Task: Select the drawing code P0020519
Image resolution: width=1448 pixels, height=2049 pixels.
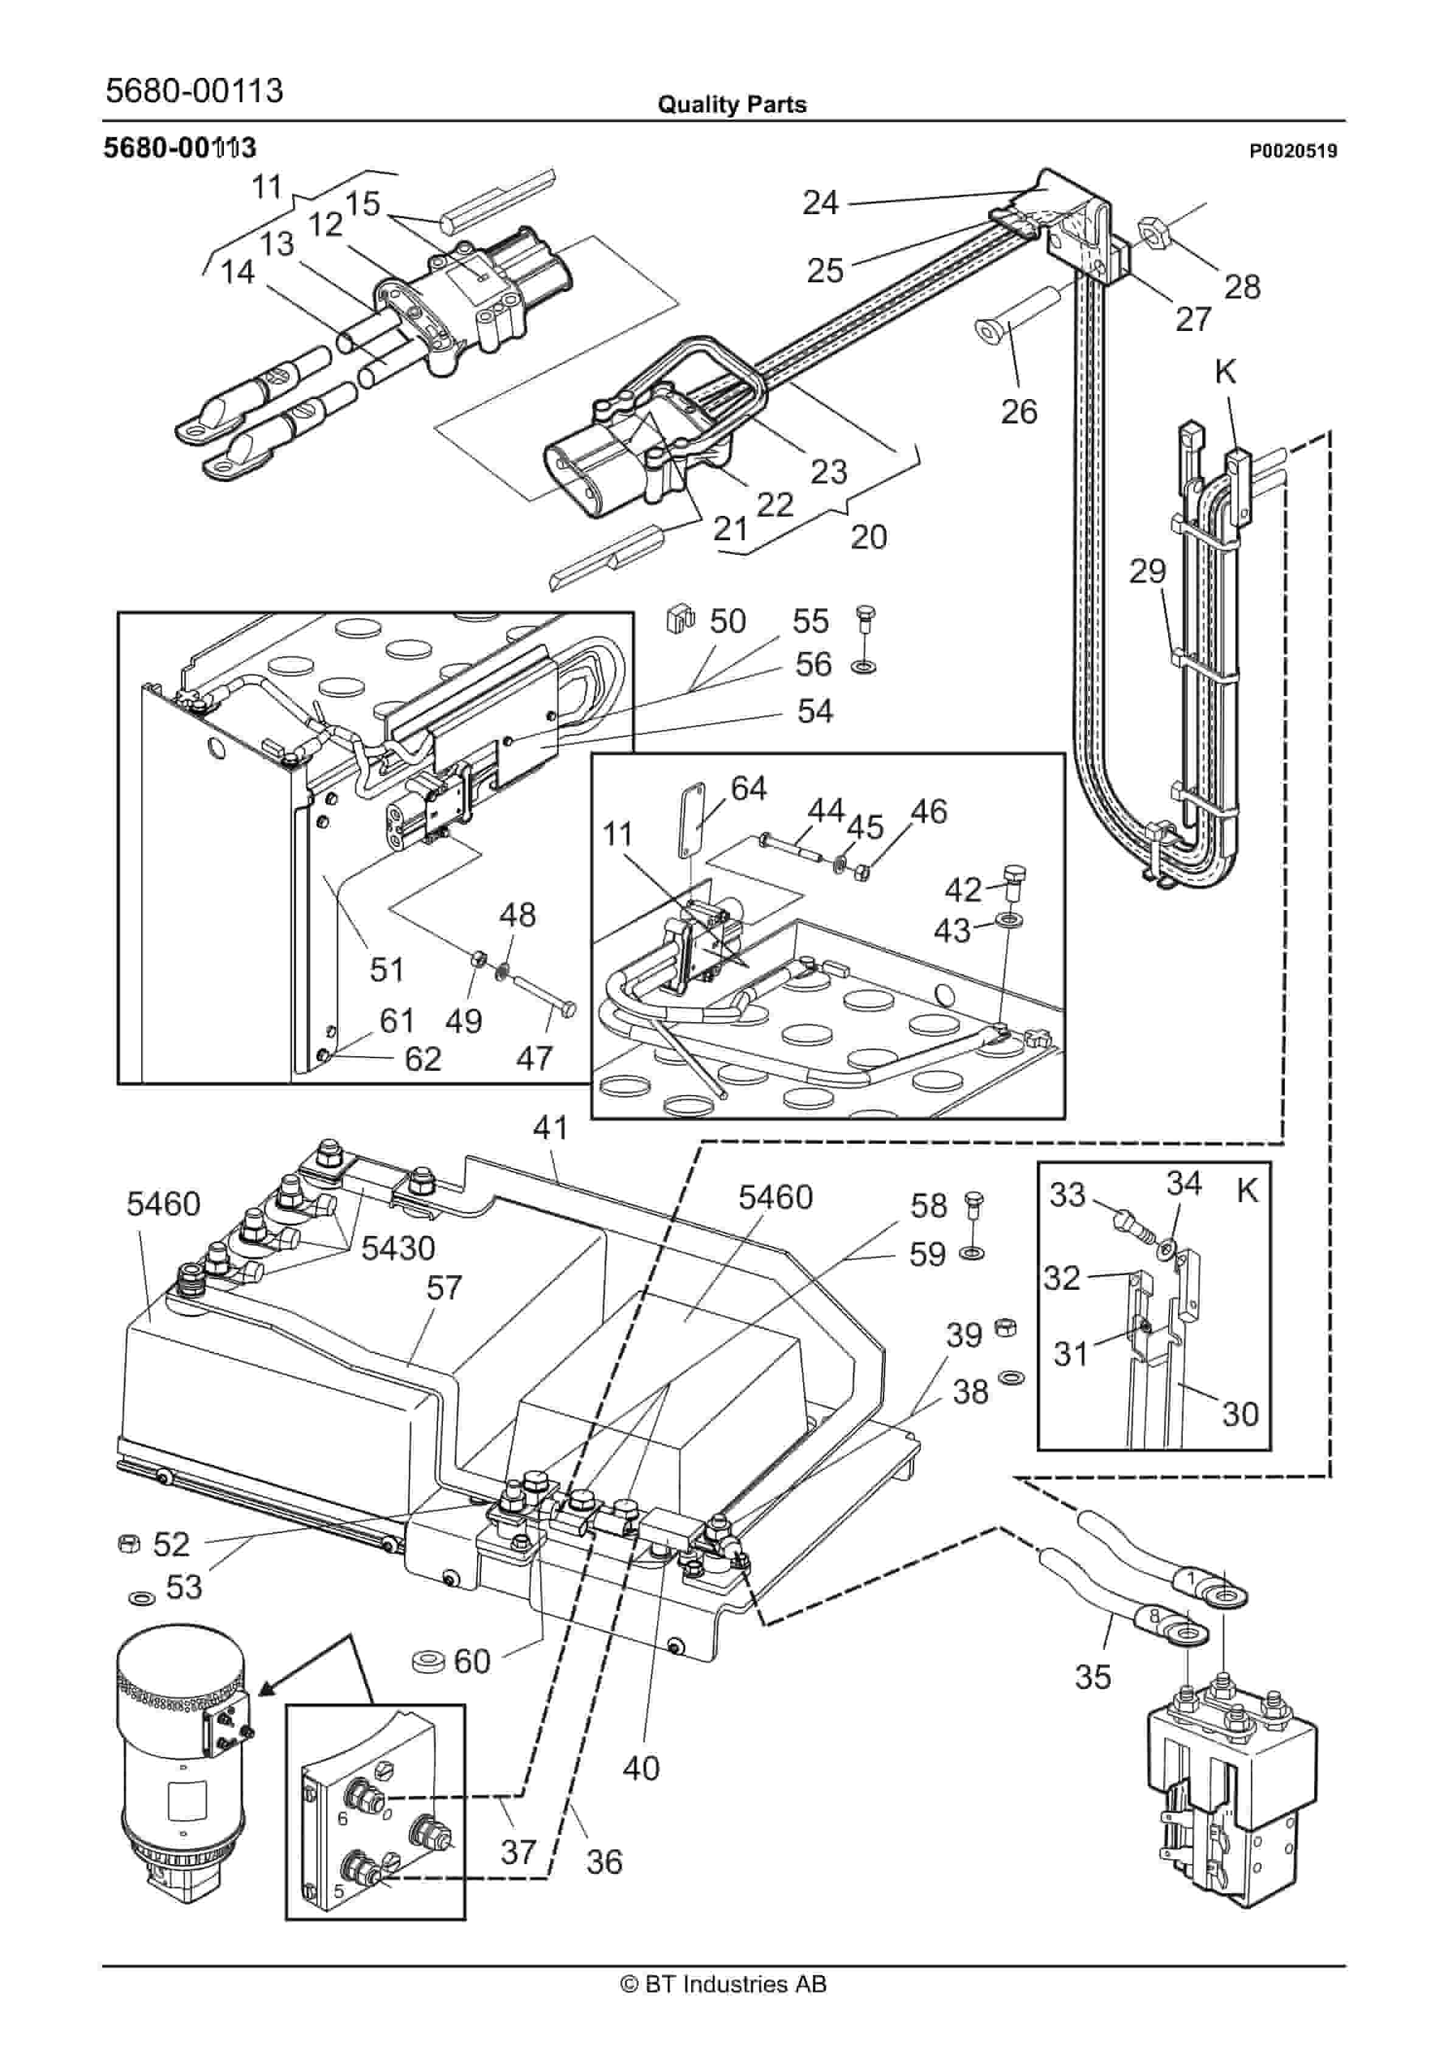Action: (x=1293, y=151)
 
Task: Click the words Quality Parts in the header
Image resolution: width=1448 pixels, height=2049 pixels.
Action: (x=731, y=105)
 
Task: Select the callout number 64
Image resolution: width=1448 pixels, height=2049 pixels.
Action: (x=748, y=788)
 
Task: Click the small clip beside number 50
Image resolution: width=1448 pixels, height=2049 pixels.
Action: (x=680, y=619)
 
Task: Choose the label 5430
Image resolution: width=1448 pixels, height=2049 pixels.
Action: (x=397, y=1248)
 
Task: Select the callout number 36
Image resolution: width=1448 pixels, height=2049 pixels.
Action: (x=604, y=1862)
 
